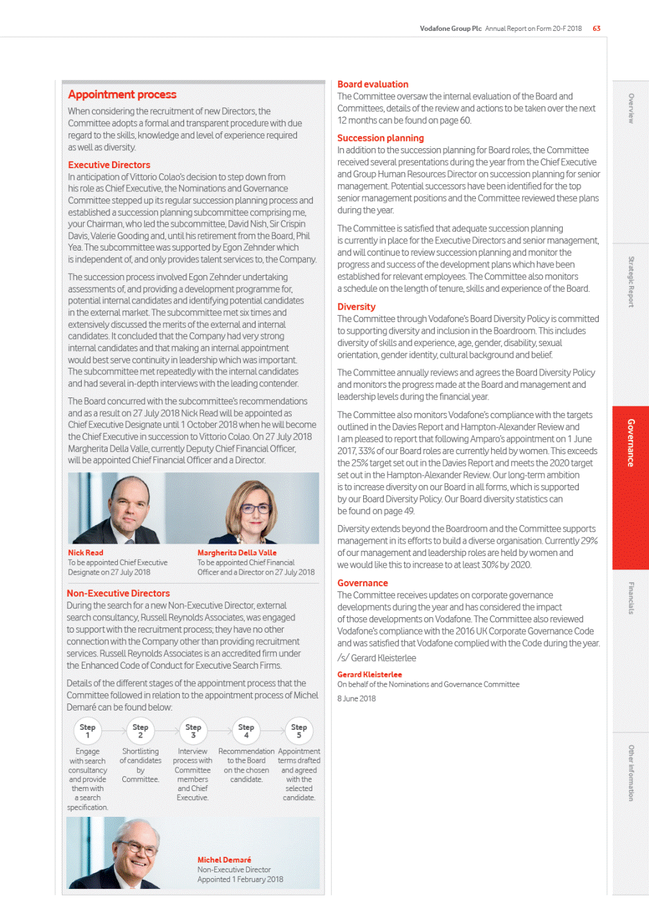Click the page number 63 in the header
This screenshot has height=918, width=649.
[x=597, y=28]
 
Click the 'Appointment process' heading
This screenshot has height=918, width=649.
[x=122, y=95]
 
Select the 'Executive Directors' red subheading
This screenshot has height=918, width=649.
[x=109, y=165]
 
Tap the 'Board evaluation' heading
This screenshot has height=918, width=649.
[x=373, y=84]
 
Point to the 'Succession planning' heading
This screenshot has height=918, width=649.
[x=381, y=138]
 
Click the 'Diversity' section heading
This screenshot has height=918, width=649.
[x=356, y=307]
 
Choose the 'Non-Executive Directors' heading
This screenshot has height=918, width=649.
[x=118, y=593]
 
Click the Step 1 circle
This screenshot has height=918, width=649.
[x=88, y=731]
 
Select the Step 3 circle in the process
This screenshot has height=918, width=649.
[x=193, y=731]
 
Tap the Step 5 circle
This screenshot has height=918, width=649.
[x=299, y=731]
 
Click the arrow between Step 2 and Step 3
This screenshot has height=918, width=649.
[x=167, y=731]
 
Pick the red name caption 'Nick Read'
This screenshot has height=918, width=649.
[x=86, y=553]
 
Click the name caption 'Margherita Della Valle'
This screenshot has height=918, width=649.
[x=237, y=553]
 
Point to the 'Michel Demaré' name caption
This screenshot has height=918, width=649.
[x=224, y=860]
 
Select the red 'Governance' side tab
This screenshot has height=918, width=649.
[x=630, y=443]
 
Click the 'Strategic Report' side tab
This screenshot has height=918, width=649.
[x=630, y=282]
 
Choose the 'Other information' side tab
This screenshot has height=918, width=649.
[x=630, y=773]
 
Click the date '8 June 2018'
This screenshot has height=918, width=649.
[x=357, y=698]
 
